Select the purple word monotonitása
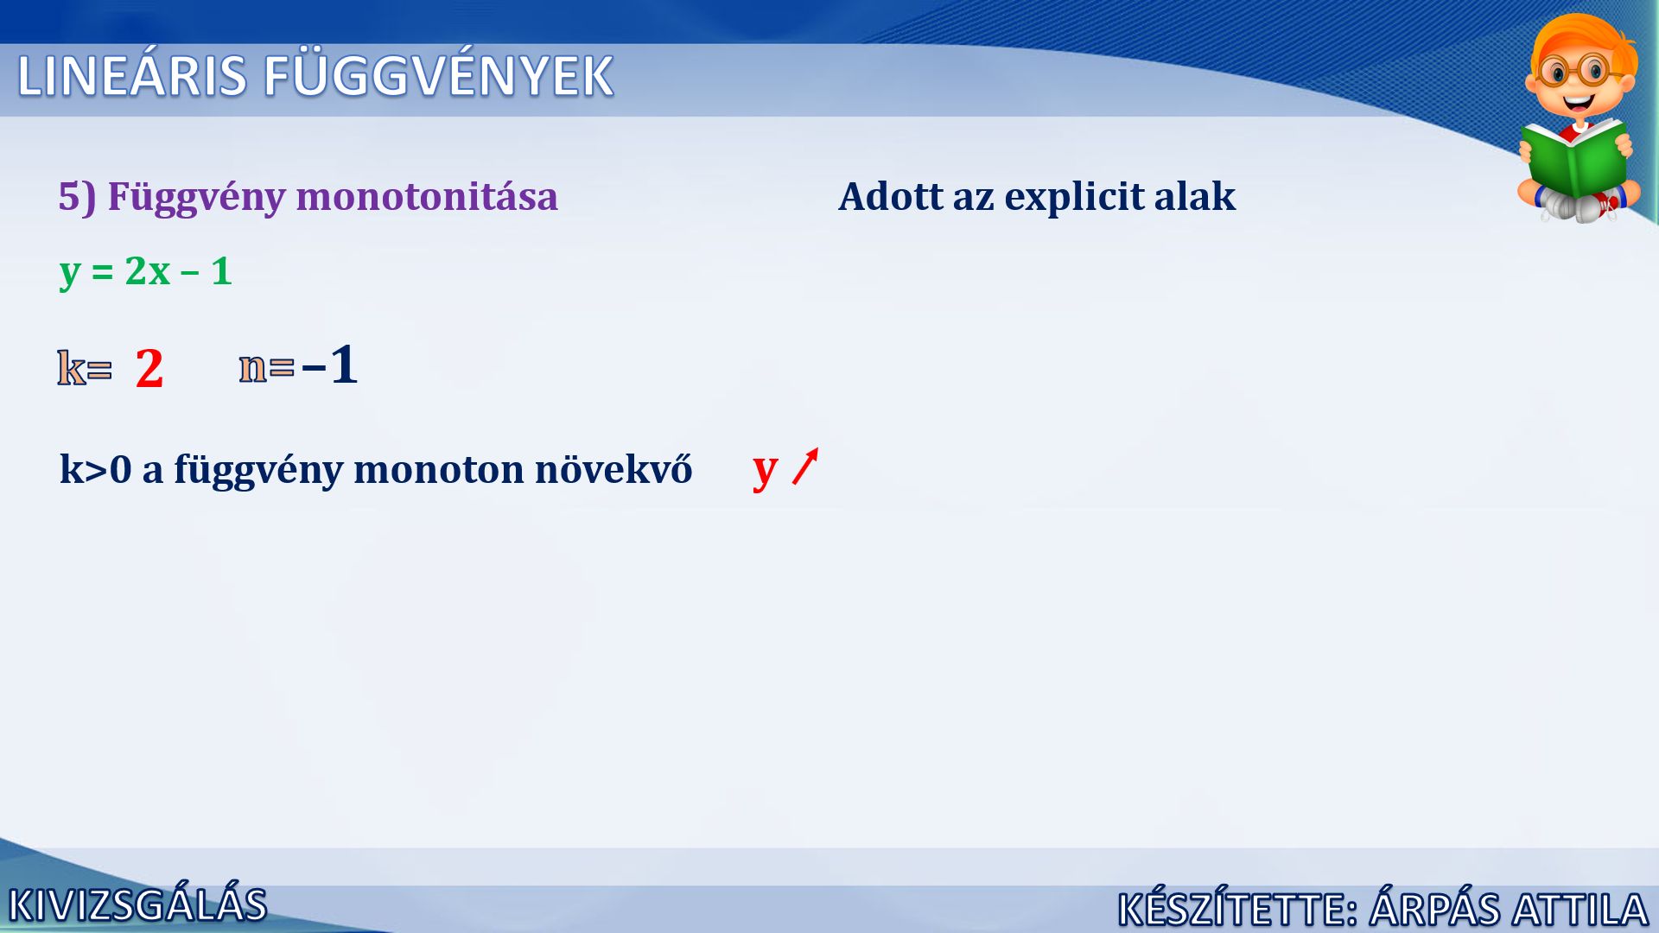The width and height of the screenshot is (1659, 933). click(427, 196)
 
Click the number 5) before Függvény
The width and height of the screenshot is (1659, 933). click(77, 197)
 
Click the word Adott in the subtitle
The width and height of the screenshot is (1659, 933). click(891, 196)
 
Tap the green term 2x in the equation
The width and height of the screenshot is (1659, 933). click(148, 271)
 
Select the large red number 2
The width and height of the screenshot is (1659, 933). click(149, 368)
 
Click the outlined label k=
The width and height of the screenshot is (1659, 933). click(85, 368)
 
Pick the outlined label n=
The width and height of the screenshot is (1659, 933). click(266, 367)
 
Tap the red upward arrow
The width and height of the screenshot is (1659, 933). click(805, 466)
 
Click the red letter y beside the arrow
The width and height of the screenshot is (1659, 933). click(766, 470)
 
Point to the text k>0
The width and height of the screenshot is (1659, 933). click(95, 469)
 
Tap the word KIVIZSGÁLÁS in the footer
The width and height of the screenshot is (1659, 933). click(138, 905)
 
